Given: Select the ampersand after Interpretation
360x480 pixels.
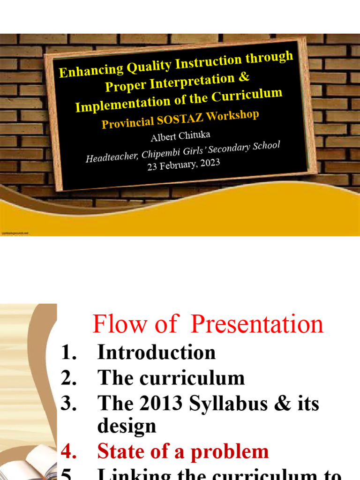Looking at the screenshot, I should coord(243,76).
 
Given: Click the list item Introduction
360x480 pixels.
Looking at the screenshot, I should coord(156,352).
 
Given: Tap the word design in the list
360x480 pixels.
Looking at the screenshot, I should coord(127,426).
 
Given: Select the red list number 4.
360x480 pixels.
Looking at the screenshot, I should coord(68,452).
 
